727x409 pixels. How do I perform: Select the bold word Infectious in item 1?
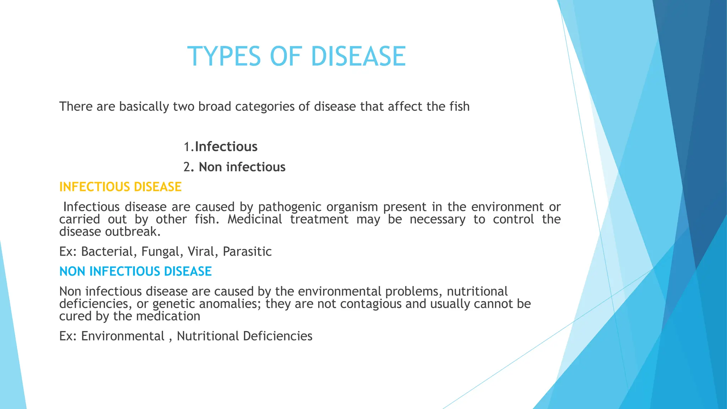coord(226,147)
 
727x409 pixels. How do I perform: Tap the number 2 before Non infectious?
coord(187,167)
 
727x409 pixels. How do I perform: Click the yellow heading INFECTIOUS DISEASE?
coord(120,187)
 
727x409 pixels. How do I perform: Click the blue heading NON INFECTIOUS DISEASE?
coord(135,271)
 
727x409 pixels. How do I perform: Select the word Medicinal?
coord(255,219)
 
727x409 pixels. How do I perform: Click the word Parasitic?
coord(247,251)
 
